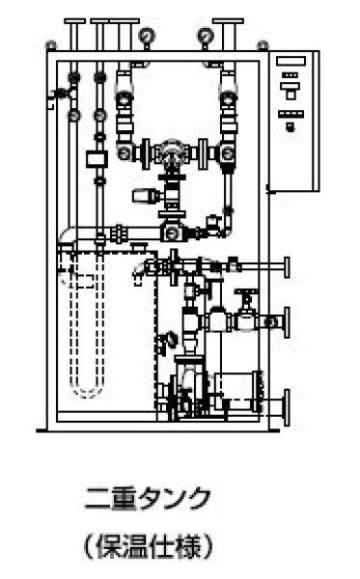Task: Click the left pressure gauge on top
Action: click(x=147, y=37)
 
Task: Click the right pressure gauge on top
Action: click(x=205, y=37)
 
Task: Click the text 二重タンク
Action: click(x=147, y=501)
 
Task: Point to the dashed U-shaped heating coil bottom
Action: click(x=89, y=389)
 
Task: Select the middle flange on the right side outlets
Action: click(x=288, y=321)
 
